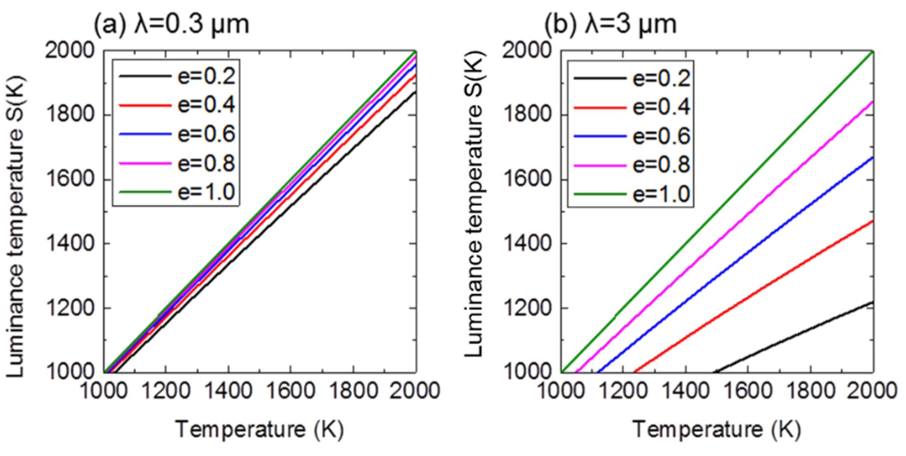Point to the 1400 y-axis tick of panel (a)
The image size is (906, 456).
point(71,244)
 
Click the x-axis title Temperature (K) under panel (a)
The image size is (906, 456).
point(260,429)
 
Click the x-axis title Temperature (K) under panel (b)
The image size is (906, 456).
point(717,429)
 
